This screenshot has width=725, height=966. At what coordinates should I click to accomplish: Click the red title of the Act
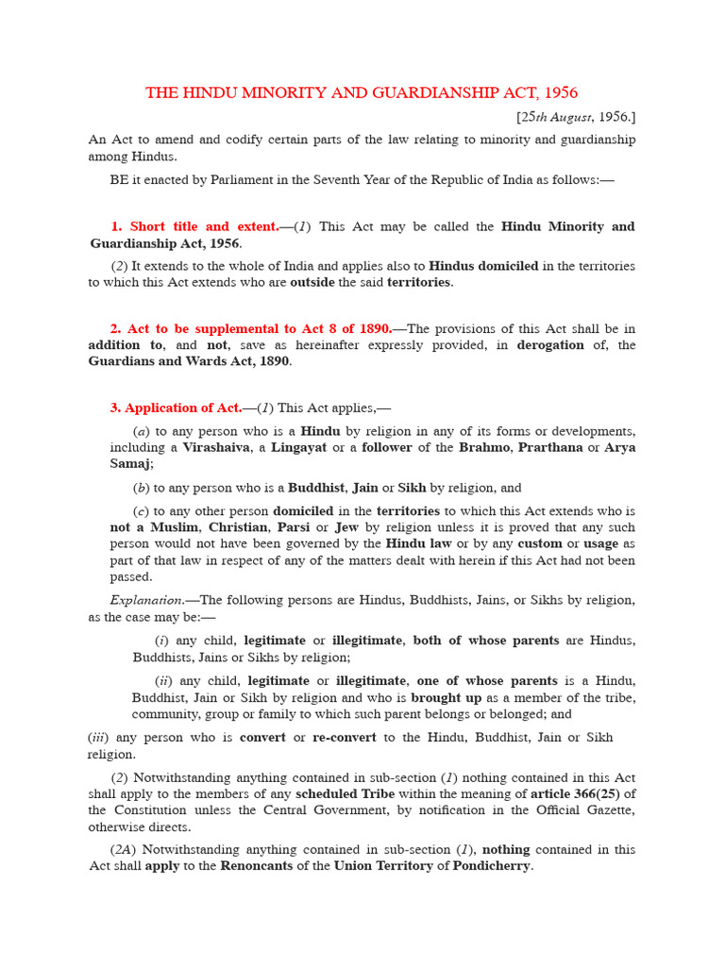coord(362,92)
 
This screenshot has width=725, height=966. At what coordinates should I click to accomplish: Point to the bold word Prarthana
coord(548,447)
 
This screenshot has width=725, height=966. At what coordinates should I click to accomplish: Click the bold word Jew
coord(346,528)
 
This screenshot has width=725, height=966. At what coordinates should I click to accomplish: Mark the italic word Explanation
coord(146,600)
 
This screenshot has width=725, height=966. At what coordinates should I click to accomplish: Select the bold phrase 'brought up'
coord(447,698)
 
